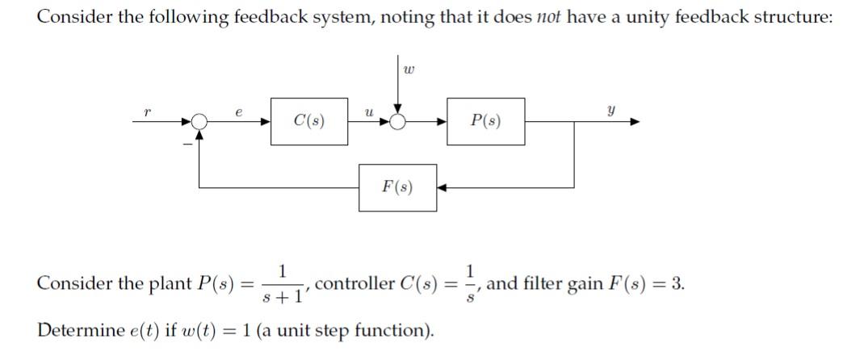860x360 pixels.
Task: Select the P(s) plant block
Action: pos(485,122)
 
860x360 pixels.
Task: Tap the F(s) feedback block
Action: pos(397,188)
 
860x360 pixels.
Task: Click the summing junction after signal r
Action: pos(199,122)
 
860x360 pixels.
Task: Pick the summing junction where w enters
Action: pos(397,122)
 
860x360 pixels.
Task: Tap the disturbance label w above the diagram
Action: pos(409,70)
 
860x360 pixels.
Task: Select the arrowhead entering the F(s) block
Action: pos(443,188)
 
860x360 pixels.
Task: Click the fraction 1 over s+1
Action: pos(281,284)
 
